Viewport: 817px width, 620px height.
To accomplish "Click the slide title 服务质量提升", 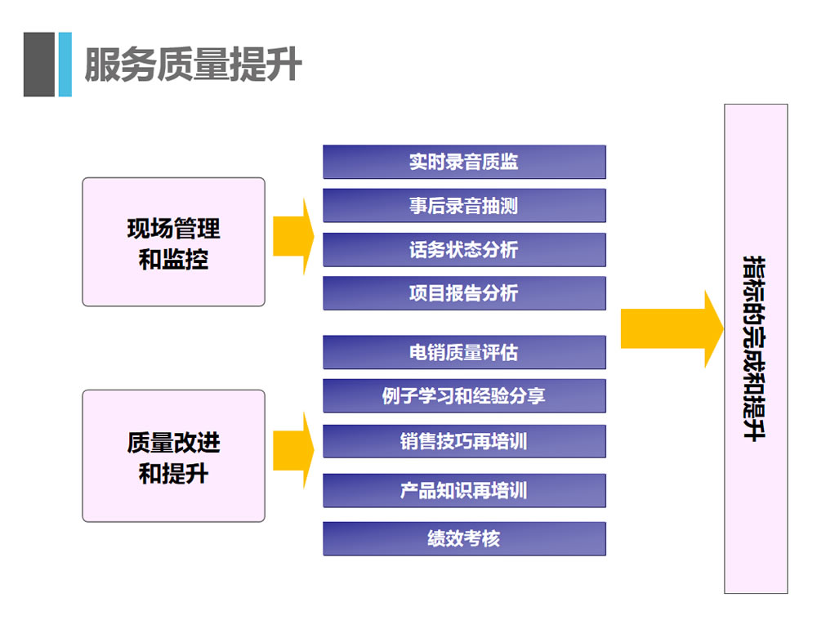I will click(x=193, y=65).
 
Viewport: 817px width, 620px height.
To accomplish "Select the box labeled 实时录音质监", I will click(x=464, y=162).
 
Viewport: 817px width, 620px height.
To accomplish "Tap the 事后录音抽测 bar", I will click(x=464, y=206).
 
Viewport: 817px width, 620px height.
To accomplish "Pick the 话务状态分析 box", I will click(x=464, y=250).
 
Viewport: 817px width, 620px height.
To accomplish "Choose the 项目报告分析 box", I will click(x=464, y=293).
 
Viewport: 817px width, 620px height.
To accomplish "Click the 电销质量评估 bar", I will click(x=464, y=353).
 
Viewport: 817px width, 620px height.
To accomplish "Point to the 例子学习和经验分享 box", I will click(x=464, y=396).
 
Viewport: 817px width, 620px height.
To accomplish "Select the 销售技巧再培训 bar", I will click(x=464, y=442).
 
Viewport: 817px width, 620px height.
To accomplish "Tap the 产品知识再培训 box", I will click(x=464, y=491).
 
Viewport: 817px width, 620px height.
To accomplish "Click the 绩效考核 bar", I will click(x=464, y=539).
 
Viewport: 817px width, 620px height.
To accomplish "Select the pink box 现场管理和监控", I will click(x=173, y=242).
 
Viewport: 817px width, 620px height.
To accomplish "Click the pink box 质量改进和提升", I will click(x=173, y=456).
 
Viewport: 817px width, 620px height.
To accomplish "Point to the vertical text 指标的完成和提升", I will click(x=755, y=349).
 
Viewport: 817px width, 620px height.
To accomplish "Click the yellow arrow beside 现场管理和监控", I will click(x=293, y=236).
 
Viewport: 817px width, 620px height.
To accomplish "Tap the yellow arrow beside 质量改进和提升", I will click(x=293, y=449).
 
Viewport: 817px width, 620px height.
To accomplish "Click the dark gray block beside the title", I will click(x=38, y=65).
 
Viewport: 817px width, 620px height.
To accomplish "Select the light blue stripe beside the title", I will click(x=65, y=65).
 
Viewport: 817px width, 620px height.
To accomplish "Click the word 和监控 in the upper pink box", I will click(x=173, y=260).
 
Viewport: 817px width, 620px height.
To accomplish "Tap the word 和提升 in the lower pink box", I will click(x=173, y=474).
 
